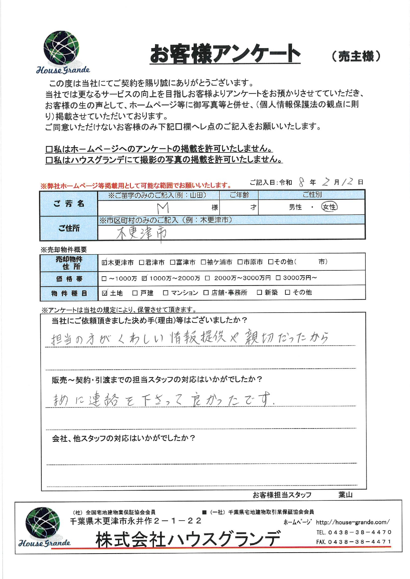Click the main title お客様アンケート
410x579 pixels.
click(225, 54)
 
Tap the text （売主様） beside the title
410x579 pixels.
click(356, 56)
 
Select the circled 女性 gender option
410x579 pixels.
click(329, 207)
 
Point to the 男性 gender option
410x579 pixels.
click(295, 207)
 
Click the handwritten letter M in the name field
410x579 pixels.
click(163, 208)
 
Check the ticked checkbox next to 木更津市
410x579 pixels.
click(104, 262)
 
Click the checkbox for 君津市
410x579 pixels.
click(141, 262)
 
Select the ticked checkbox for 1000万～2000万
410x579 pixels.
click(144, 278)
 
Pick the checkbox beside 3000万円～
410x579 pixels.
click(278, 278)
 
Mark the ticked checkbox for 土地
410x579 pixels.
click(105, 293)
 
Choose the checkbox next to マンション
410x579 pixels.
click(166, 293)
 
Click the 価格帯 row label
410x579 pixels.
click(69, 279)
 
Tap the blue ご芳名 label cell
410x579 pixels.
click(69, 204)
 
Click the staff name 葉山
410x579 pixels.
click(345, 495)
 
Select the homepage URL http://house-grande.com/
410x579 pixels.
click(353, 522)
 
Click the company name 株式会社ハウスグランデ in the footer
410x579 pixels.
click(188, 539)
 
